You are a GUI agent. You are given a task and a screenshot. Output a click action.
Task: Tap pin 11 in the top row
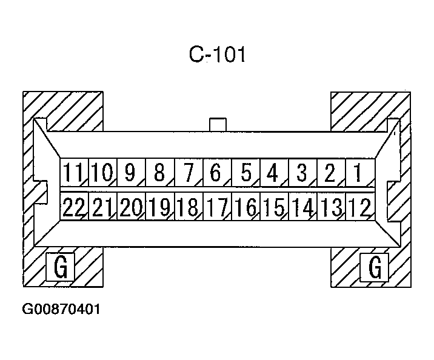pos(74,173)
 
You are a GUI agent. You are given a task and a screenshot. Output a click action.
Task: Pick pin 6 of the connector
pos(216,173)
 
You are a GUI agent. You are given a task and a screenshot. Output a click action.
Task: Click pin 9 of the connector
pos(129,173)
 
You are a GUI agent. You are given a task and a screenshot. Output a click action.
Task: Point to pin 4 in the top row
pos(272,173)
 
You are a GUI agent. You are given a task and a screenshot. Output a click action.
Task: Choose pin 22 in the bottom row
pos(74,207)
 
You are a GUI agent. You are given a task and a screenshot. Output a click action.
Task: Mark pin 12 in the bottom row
pos(359,207)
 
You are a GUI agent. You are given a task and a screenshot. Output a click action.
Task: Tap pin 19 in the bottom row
pos(160,207)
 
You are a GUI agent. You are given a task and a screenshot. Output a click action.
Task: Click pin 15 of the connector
pos(274,207)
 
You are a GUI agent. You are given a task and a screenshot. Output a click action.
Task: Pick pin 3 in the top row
pos(301,173)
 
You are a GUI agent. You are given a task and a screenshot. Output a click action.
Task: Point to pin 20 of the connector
pos(131,207)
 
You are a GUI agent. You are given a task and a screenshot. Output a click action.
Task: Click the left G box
pos(61,267)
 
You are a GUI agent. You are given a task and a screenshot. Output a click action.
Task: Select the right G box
pos(375,267)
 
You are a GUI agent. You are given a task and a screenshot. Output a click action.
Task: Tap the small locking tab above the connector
pos(218,124)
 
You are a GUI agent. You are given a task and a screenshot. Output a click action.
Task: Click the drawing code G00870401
pos(61,310)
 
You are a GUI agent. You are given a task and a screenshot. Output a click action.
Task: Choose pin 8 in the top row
pos(159,173)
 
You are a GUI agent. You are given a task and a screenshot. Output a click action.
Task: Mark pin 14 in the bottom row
pos(302,207)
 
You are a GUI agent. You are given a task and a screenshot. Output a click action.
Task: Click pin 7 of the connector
pos(188,173)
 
